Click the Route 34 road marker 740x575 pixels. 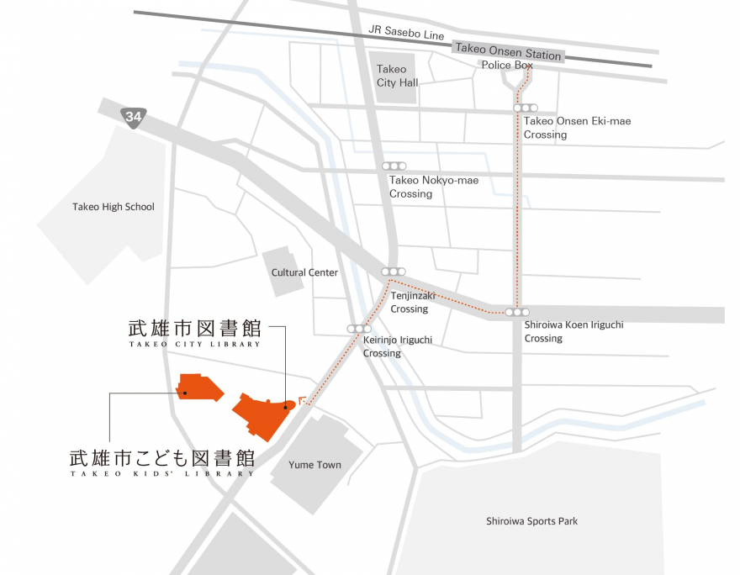tap(132, 117)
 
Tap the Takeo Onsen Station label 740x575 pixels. tap(507, 51)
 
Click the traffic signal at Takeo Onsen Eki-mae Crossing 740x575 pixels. tap(526, 108)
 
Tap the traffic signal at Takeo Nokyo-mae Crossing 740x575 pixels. tap(394, 166)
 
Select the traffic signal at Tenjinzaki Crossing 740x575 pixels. tap(394, 272)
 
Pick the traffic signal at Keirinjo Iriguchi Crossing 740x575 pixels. tap(359, 329)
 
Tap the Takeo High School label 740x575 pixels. tap(114, 207)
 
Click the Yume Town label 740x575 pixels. tap(314, 465)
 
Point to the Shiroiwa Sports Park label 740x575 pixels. tap(531, 521)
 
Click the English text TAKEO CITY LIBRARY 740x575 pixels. tap(194, 344)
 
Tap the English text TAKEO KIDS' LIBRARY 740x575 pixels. tap(161, 474)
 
